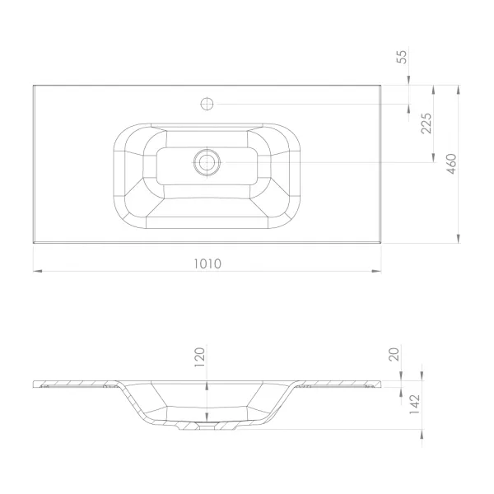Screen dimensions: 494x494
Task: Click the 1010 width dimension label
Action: click(207, 263)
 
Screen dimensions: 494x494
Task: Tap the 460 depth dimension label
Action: click(451, 164)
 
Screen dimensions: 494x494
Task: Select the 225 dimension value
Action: click(426, 123)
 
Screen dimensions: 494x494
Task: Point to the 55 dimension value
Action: click(402, 57)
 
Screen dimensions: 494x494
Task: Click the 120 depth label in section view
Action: click(200, 357)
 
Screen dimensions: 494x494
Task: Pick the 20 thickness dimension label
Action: click(394, 353)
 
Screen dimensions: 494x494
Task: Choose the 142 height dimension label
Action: click(415, 404)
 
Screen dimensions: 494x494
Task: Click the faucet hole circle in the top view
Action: click(207, 104)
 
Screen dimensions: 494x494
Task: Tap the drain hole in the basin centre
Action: click(207, 162)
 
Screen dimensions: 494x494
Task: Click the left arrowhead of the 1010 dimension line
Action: click(38, 271)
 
